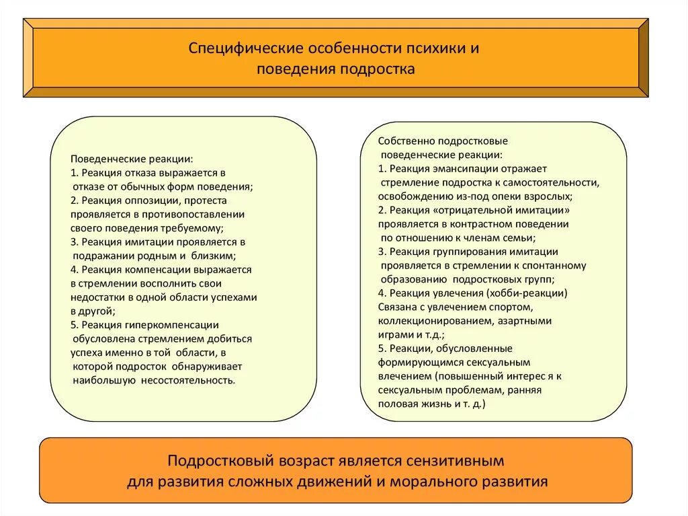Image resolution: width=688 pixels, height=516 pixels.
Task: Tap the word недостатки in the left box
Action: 94,296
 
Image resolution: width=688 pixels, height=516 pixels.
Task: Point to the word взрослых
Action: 549,196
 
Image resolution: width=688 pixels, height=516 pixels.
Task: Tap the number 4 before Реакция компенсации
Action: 73,268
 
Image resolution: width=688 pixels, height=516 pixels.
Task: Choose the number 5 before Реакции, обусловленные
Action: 380,348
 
